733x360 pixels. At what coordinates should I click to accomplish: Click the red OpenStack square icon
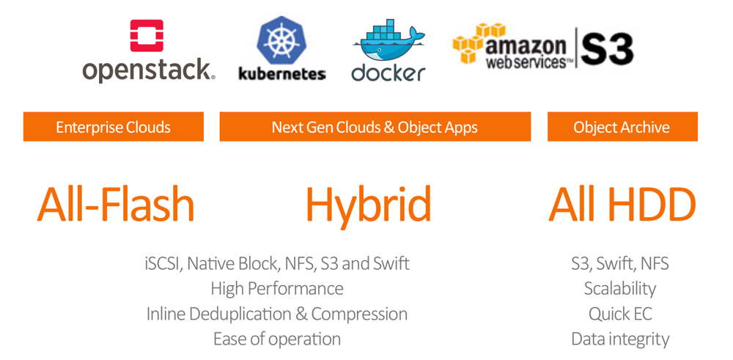click(x=147, y=35)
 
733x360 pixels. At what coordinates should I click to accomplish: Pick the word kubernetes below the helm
click(x=282, y=73)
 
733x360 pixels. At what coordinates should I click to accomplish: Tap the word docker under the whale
click(x=388, y=73)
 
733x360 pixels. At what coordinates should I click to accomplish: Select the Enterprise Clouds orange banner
click(x=114, y=127)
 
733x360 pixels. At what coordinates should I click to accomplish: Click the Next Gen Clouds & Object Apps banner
click(x=375, y=127)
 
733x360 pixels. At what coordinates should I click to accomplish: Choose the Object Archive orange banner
click(x=622, y=127)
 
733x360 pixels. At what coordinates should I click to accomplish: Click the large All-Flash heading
click(x=116, y=205)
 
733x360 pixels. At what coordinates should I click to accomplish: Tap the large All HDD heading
click(x=622, y=205)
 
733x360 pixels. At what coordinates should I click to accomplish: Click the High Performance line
click(x=277, y=288)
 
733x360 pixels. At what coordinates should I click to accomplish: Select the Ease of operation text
click(x=277, y=339)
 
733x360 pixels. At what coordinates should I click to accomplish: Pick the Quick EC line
click(x=620, y=314)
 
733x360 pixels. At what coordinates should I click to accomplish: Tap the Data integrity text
click(x=620, y=339)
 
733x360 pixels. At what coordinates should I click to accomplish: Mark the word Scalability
click(x=620, y=288)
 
